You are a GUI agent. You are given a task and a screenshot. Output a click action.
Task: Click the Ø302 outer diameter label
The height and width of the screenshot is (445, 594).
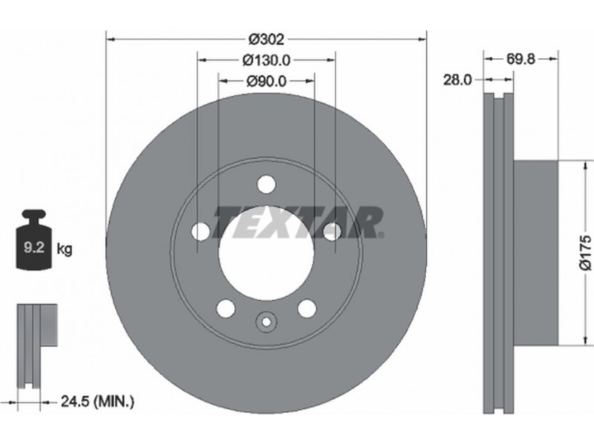266,39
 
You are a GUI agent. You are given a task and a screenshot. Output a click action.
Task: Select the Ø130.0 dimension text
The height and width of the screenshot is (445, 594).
267,60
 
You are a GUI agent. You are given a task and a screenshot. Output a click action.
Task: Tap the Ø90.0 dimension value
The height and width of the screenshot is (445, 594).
267,81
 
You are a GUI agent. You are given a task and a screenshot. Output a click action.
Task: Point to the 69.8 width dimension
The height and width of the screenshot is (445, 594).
520,59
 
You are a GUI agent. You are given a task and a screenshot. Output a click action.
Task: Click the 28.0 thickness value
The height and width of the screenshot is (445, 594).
457,80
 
